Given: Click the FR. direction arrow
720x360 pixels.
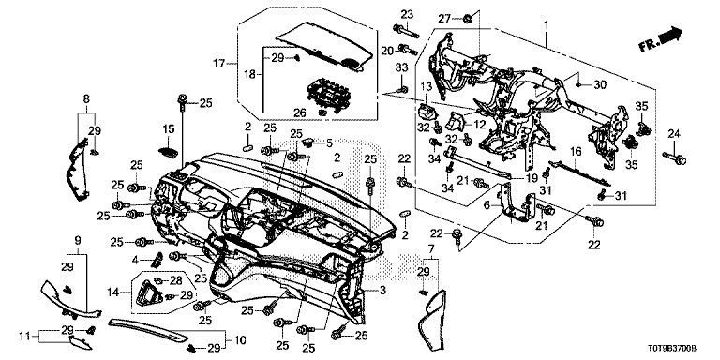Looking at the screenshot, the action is click(660, 39).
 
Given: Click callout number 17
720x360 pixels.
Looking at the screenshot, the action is click(219, 64).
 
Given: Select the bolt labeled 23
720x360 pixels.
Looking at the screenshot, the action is click(405, 31).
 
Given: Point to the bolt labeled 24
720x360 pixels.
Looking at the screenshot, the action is click(675, 157).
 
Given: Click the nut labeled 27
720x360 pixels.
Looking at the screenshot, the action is click(468, 19).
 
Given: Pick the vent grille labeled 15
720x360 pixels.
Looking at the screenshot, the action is click(169, 152).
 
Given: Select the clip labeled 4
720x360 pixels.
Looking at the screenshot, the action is click(157, 260).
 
